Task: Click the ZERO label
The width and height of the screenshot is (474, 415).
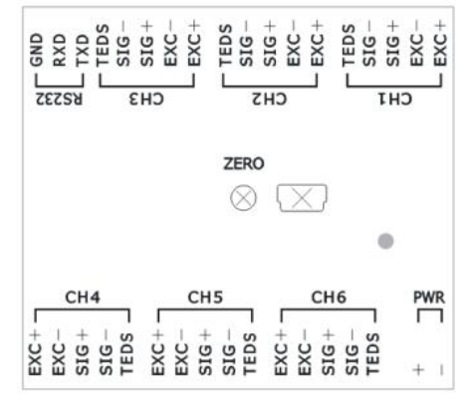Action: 244,163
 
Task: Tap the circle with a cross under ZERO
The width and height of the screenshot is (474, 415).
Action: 243,198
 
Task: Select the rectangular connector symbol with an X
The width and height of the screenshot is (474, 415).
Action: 302,198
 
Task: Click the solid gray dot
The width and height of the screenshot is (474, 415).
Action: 385,241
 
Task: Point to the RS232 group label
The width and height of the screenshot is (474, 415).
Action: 59,99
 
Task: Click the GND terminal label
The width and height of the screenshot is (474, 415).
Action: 37,50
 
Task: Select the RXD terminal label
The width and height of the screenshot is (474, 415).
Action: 60,50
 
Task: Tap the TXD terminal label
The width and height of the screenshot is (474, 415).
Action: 83,51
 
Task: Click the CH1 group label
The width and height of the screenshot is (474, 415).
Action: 395,99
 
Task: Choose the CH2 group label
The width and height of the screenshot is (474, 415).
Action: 270,99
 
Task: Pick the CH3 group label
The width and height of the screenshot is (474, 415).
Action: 146,99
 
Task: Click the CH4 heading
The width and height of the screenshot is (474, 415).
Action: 83,298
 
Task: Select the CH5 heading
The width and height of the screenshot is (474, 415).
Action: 205,298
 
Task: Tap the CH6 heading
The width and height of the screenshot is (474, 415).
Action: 329,298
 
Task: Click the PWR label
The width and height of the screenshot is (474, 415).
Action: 429,298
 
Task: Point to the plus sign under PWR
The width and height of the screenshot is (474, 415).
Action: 418,369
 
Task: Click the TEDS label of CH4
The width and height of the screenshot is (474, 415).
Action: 126,354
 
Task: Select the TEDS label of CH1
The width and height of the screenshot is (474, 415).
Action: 349,46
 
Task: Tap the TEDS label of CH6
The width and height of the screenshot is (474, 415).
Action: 372,354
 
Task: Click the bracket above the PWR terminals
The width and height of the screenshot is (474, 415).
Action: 430,310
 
